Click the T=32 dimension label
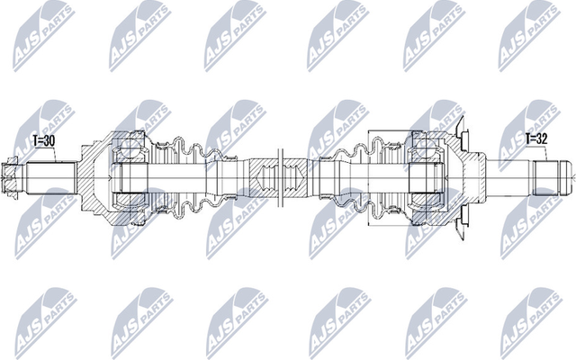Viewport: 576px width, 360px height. point(537,140)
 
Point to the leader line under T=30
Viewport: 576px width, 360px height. point(56,155)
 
